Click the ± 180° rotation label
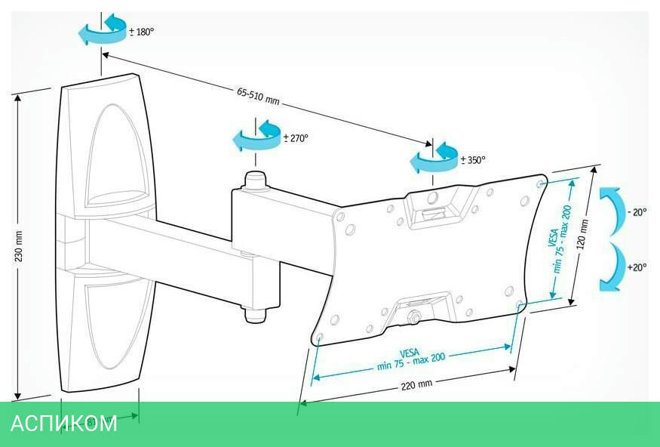(142, 32)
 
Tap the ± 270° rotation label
(296, 139)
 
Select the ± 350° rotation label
(473, 160)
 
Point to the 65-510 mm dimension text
(258, 96)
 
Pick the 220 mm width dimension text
(416, 384)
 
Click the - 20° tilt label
(637, 213)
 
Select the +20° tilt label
(637, 267)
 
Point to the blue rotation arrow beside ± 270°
(256, 136)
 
